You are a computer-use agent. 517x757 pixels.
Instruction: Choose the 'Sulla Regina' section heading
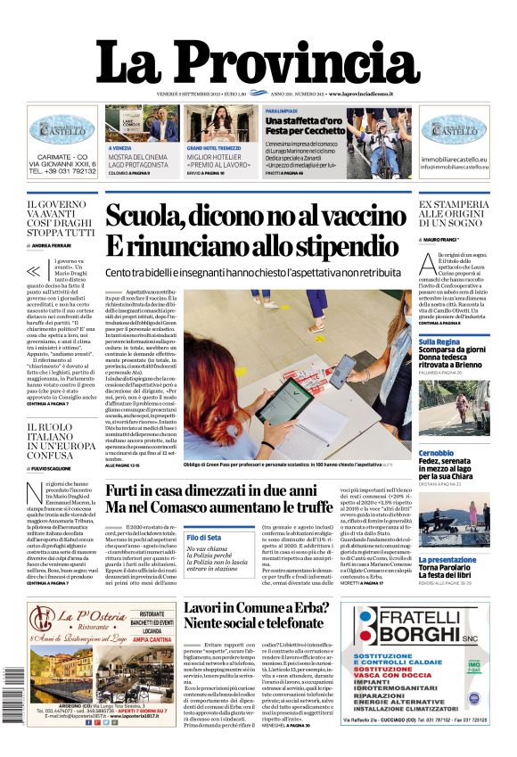tap(439, 341)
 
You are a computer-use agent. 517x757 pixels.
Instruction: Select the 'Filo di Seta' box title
tap(204, 537)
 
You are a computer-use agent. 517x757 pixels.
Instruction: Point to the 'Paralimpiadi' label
tap(258, 110)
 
